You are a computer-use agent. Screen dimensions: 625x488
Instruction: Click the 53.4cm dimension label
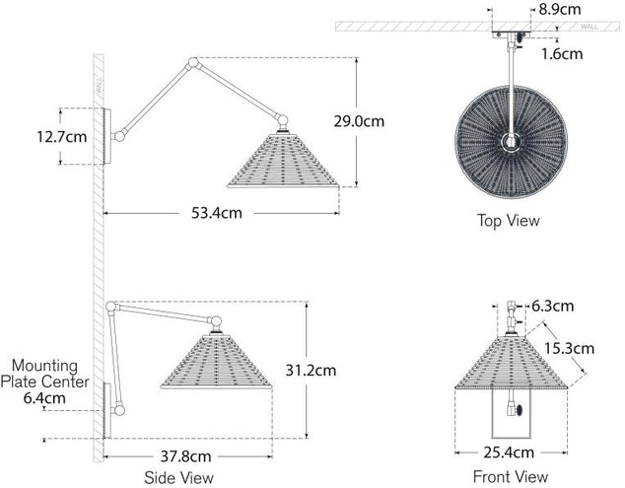tap(217, 213)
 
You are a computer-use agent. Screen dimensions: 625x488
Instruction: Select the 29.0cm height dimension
tap(359, 121)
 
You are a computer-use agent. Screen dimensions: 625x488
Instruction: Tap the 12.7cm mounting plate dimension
tap(62, 137)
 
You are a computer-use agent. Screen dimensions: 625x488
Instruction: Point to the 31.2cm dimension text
tap(311, 371)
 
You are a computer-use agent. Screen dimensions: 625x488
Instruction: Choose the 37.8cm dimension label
tap(185, 456)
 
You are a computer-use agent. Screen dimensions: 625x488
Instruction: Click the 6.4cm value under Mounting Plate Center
tap(44, 398)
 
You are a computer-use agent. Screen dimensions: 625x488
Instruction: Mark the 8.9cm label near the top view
tap(560, 9)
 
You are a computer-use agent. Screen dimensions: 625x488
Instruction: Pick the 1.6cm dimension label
tap(562, 54)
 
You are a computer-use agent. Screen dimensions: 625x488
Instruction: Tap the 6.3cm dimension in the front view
tap(553, 307)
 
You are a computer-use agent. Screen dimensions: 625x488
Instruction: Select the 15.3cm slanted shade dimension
tap(569, 348)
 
